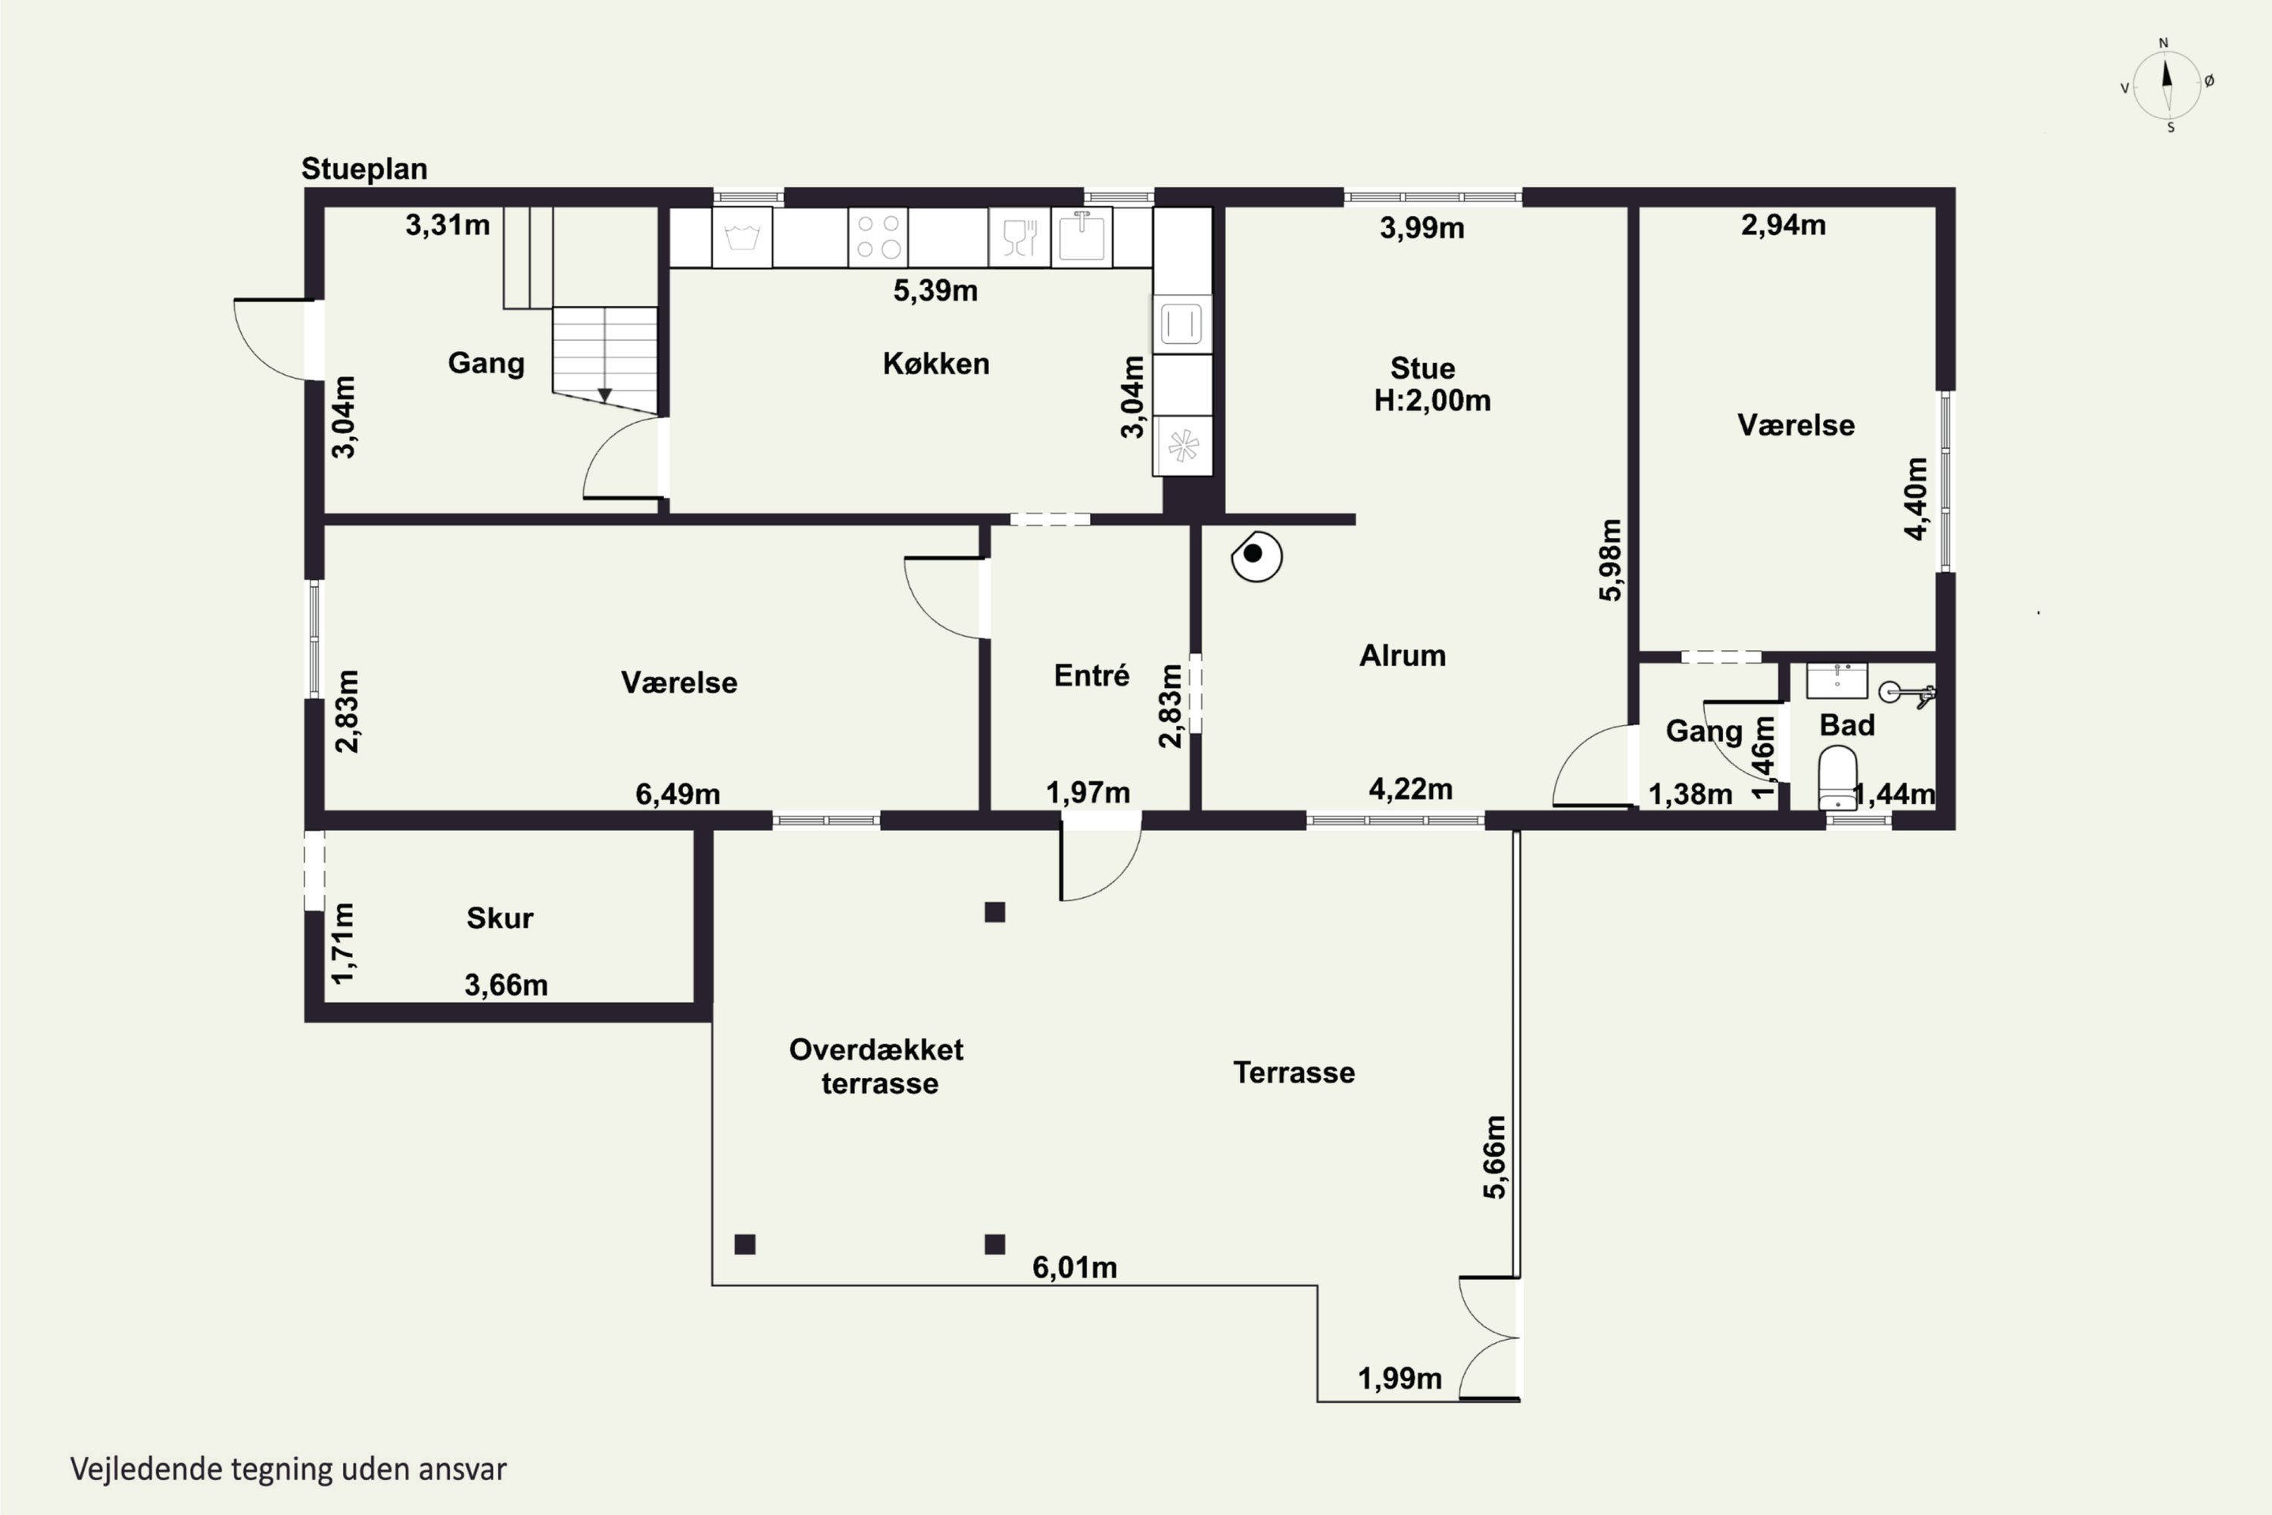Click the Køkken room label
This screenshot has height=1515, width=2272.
click(x=936, y=364)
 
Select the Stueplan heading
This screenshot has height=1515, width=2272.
click(x=364, y=169)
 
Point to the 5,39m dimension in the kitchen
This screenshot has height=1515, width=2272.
click(x=935, y=291)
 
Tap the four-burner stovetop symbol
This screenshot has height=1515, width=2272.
click(x=878, y=236)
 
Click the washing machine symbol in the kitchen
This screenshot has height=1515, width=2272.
click(x=742, y=236)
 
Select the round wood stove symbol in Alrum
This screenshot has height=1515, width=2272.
click(x=1256, y=557)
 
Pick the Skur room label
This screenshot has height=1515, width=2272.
click(x=499, y=918)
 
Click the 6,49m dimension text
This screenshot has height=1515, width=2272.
click(x=677, y=794)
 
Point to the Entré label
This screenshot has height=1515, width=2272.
click(x=1091, y=676)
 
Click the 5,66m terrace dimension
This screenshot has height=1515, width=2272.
click(x=1494, y=1157)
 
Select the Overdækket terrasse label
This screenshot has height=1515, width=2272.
click(x=877, y=1067)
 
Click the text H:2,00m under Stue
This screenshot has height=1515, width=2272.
click(x=1433, y=401)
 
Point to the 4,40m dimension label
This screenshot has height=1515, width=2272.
click(x=1915, y=498)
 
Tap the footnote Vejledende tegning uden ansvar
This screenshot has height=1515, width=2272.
click(x=288, y=1470)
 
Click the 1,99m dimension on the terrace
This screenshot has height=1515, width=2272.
click(x=1400, y=1379)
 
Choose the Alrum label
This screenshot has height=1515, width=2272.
click(x=1403, y=656)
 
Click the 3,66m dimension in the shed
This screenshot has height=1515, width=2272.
click(x=506, y=986)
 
